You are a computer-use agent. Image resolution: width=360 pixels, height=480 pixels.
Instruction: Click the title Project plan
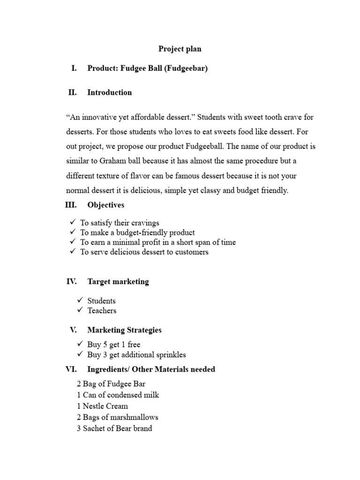click(x=180, y=49)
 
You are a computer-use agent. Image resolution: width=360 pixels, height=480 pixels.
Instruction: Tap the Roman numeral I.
click(x=74, y=68)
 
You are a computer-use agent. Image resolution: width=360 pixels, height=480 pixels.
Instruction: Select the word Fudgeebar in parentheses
click(x=187, y=68)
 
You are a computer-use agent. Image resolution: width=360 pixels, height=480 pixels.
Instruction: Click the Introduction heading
click(x=109, y=92)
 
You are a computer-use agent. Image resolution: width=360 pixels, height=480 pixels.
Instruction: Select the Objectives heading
click(x=105, y=205)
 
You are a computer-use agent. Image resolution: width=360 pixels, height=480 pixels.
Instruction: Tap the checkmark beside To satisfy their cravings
click(x=72, y=223)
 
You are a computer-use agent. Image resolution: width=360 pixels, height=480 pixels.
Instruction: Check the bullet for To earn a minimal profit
click(x=72, y=242)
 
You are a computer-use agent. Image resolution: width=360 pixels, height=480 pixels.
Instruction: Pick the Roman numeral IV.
click(x=71, y=282)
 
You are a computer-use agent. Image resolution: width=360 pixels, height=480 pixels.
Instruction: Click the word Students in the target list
click(x=101, y=301)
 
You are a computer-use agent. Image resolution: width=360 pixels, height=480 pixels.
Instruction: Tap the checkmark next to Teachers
click(x=80, y=310)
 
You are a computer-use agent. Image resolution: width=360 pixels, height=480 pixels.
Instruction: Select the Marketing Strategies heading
click(x=124, y=330)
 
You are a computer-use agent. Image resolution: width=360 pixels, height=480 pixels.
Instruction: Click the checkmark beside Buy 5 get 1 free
click(x=80, y=345)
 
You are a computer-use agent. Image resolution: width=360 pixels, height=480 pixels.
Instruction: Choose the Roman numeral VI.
click(x=71, y=369)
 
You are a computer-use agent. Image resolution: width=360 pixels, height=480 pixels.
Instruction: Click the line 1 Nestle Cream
click(x=102, y=406)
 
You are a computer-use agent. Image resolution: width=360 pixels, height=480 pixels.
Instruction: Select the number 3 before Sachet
click(x=79, y=428)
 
